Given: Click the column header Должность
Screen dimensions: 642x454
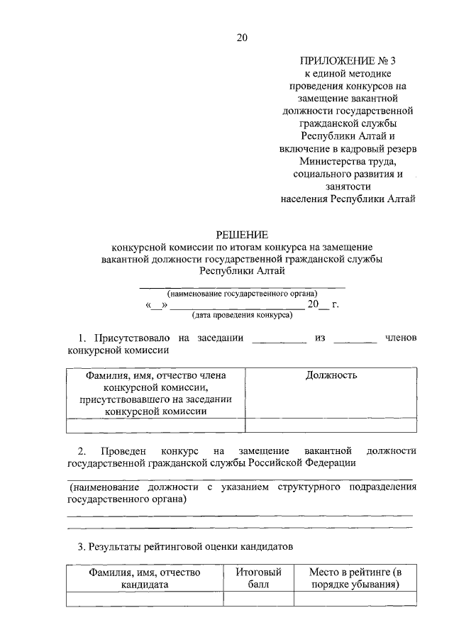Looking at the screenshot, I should [x=331, y=375].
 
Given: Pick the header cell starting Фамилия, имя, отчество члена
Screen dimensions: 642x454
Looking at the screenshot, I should [x=155, y=392].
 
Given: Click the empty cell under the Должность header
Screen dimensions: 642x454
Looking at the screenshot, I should [x=331, y=426].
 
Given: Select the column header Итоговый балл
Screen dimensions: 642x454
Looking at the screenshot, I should [x=258, y=579].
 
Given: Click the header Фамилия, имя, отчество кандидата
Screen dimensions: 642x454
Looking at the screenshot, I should [x=145, y=579].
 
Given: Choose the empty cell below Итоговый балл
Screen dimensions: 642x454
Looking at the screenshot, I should [x=258, y=599].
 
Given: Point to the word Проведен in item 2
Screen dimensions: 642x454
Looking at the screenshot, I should [x=123, y=451].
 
